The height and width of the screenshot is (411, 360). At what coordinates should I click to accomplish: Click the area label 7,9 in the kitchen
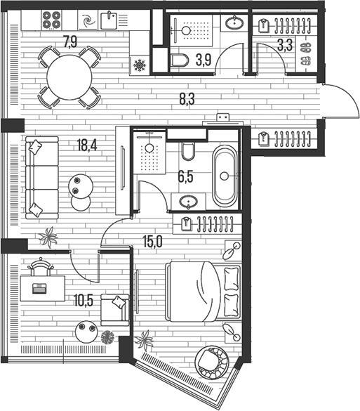point(70,42)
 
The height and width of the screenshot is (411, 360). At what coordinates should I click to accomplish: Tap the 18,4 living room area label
point(87,145)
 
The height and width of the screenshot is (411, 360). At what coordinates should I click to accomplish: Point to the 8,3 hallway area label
point(187,99)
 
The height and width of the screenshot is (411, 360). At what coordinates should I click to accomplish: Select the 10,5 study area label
point(84,301)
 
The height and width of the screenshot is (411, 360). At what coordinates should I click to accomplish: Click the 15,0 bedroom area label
point(153,242)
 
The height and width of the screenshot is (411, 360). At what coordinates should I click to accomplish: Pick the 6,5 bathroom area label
point(186,176)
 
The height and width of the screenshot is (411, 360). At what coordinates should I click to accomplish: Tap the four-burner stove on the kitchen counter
point(52,20)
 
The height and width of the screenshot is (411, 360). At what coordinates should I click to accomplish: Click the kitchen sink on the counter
point(107,20)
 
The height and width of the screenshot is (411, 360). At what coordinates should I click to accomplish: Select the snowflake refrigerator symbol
point(139,65)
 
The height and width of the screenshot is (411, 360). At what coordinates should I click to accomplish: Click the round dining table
point(69,77)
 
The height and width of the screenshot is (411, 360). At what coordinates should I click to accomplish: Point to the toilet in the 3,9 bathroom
point(180,60)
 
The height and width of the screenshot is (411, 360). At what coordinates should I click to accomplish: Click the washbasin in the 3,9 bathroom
point(234,22)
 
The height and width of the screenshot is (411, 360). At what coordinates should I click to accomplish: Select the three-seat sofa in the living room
point(42,178)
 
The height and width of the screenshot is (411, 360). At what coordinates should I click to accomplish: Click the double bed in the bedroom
point(204,291)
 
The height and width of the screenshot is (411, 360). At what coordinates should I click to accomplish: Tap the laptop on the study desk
point(39,288)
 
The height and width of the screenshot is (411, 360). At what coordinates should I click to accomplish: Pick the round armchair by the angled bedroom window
point(213,363)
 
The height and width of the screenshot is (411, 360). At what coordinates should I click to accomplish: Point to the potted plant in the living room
point(48,237)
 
